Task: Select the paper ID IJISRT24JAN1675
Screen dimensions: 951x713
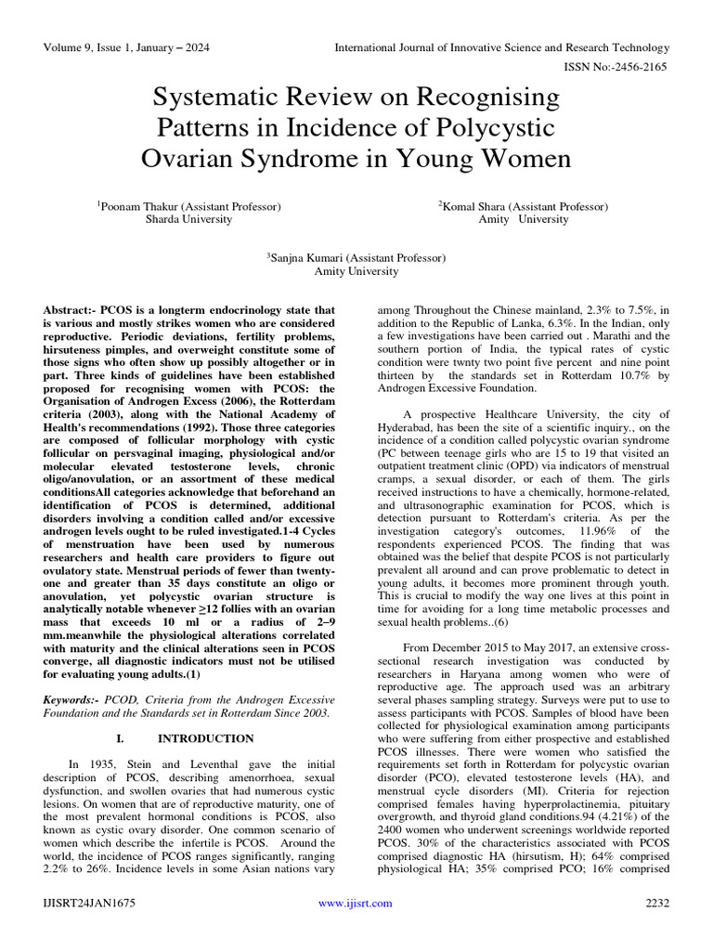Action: (89, 902)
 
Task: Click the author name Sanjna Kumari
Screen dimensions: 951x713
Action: (311, 258)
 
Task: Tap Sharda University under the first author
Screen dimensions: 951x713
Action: (188, 220)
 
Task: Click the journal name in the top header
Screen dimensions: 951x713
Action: (501, 47)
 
